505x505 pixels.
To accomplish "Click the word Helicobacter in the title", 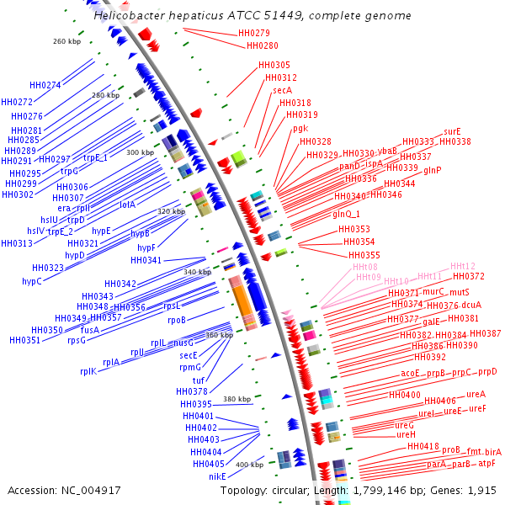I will click(x=130, y=16).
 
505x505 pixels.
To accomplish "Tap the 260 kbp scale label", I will click(x=65, y=41).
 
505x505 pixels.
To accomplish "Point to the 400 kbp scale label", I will click(x=249, y=465).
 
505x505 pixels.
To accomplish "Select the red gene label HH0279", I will click(x=253, y=34).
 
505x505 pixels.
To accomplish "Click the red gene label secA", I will click(x=282, y=90).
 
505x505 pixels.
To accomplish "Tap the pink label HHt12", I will click(x=463, y=266).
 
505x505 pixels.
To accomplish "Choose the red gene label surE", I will click(x=452, y=131).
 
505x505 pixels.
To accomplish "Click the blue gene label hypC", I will click(x=32, y=281).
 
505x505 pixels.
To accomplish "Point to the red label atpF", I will click(x=487, y=463).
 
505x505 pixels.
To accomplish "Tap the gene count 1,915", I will click(x=482, y=490).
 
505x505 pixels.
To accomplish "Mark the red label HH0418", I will click(x=423, y=446).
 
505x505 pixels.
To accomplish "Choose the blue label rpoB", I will click(x=177, y=320).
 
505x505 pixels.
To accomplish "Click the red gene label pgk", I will click(x=300, y=128).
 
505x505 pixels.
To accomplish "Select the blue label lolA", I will click(x=128, y=204).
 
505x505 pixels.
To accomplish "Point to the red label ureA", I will click(x=476, y=393).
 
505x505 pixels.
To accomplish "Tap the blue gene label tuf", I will click(x=199, y=380).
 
